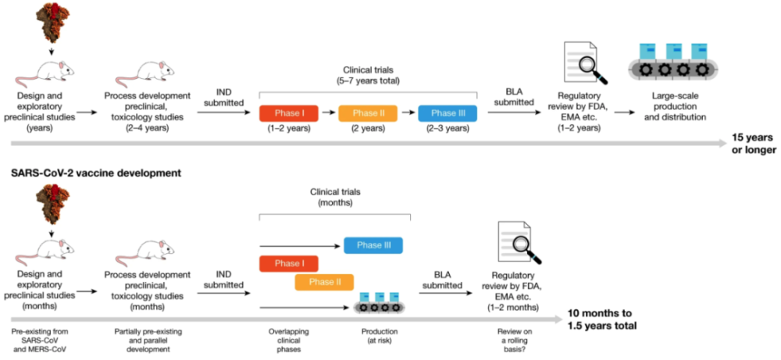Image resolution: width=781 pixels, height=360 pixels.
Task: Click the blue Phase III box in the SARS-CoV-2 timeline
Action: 373,245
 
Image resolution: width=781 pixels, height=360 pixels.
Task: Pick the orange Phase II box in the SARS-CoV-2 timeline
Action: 323,282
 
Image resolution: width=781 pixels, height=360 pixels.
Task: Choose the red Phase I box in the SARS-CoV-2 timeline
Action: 287,263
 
